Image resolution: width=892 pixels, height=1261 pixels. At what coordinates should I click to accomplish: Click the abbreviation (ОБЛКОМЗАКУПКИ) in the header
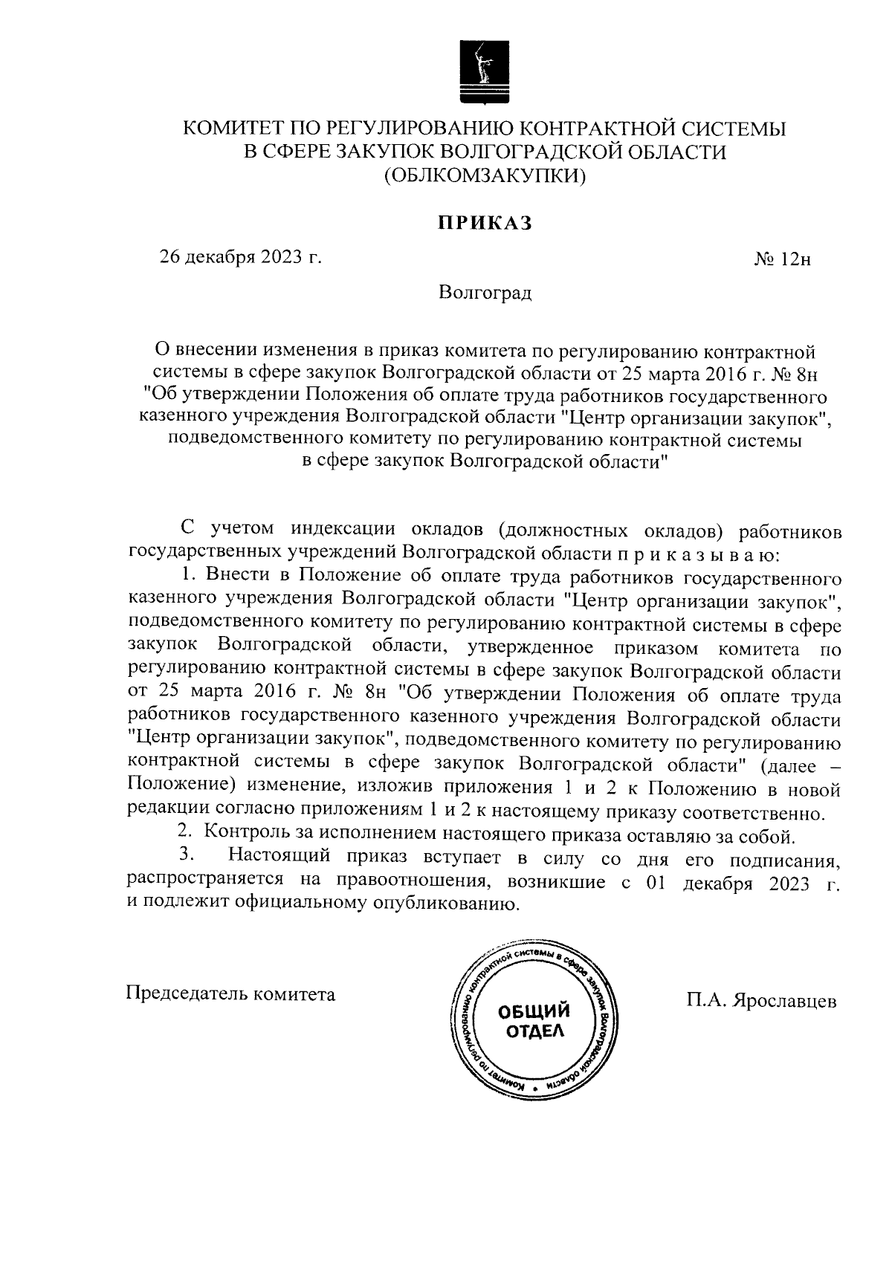[x=485, y=176]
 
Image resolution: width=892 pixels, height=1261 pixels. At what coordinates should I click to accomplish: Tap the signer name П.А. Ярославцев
[x=762, y=1000]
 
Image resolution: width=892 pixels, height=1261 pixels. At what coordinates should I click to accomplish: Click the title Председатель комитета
[x=231, y=993]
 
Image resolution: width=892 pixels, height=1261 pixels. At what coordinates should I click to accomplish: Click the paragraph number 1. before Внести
[x=190, y=577]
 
